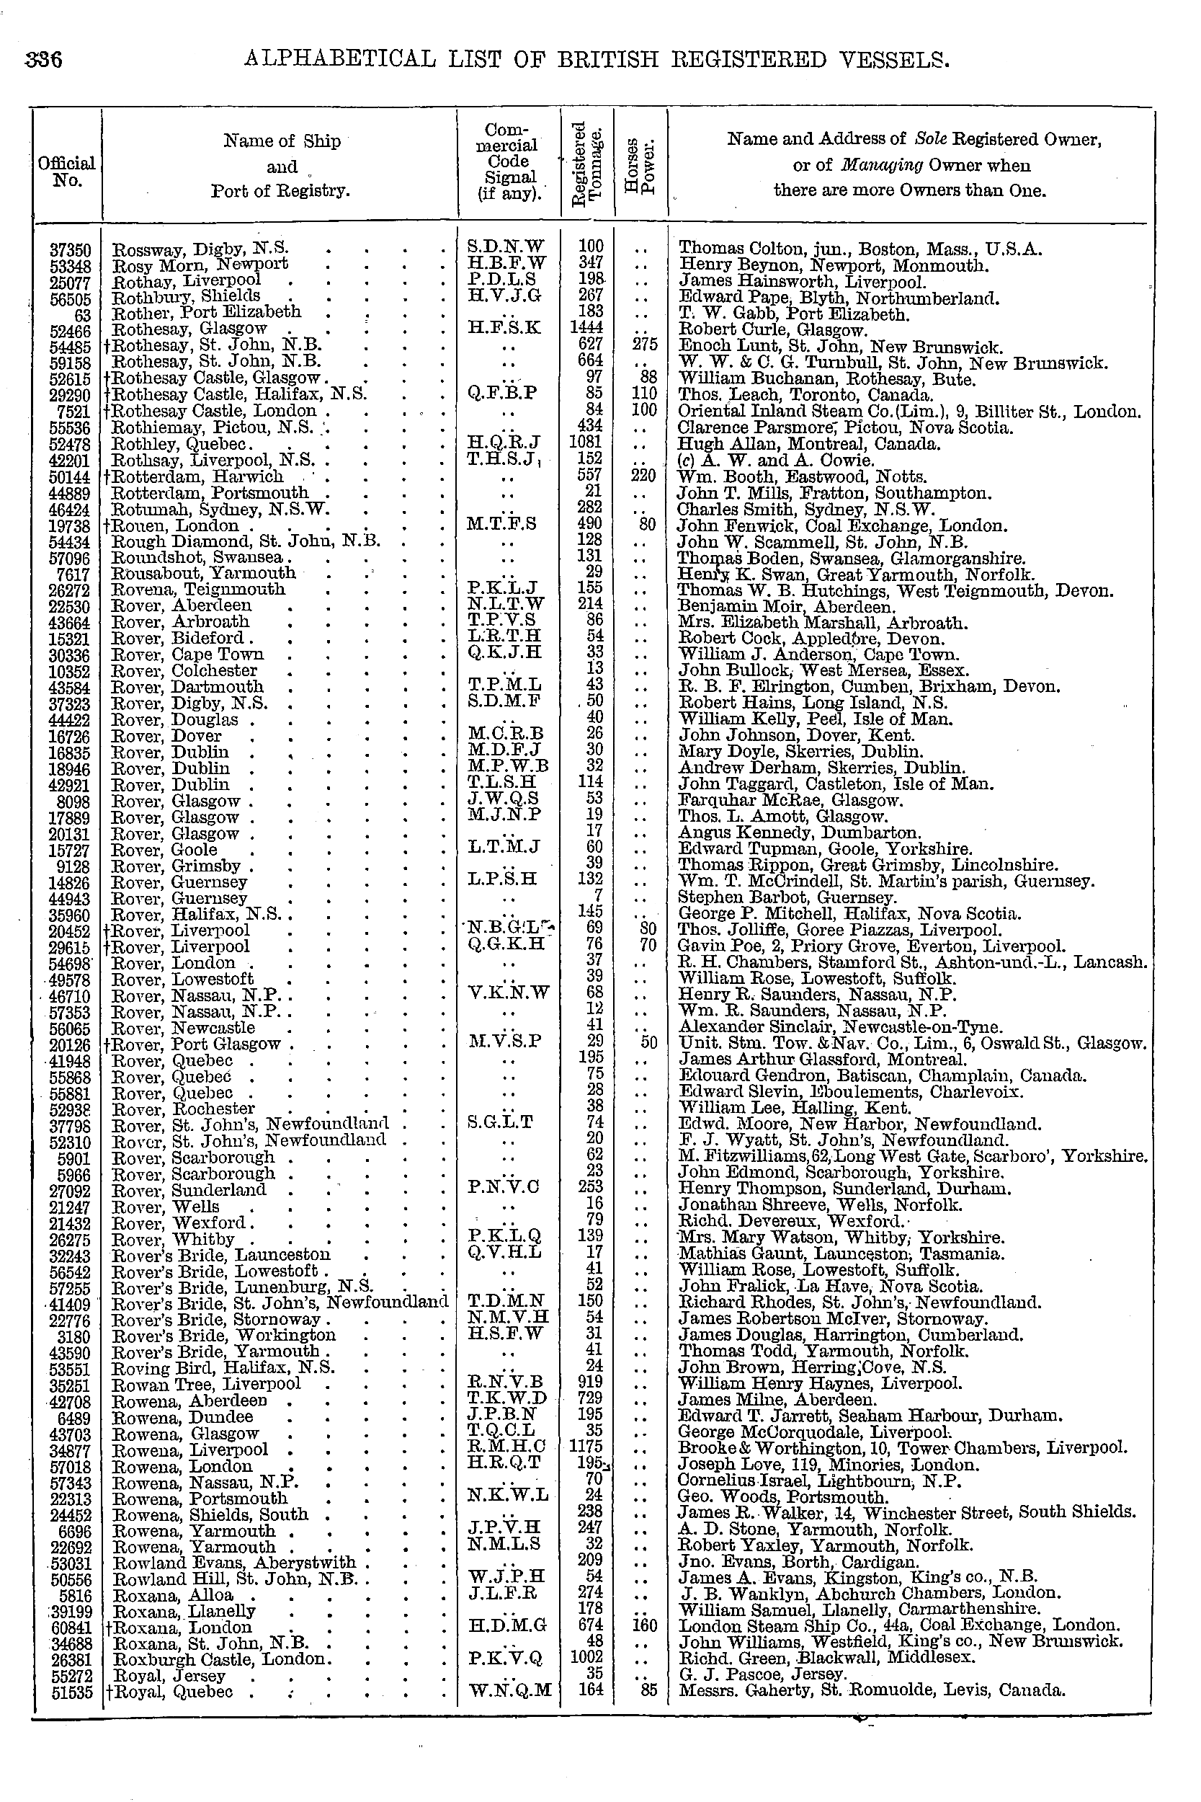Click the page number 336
tap(44, 60)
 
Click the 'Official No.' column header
tap(66, 172)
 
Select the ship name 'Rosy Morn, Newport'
tap(200, 265)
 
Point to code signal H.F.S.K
tap(505, 329)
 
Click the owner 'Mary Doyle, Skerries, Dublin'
tap(800, 753)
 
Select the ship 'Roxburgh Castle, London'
tap(220, 1659)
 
